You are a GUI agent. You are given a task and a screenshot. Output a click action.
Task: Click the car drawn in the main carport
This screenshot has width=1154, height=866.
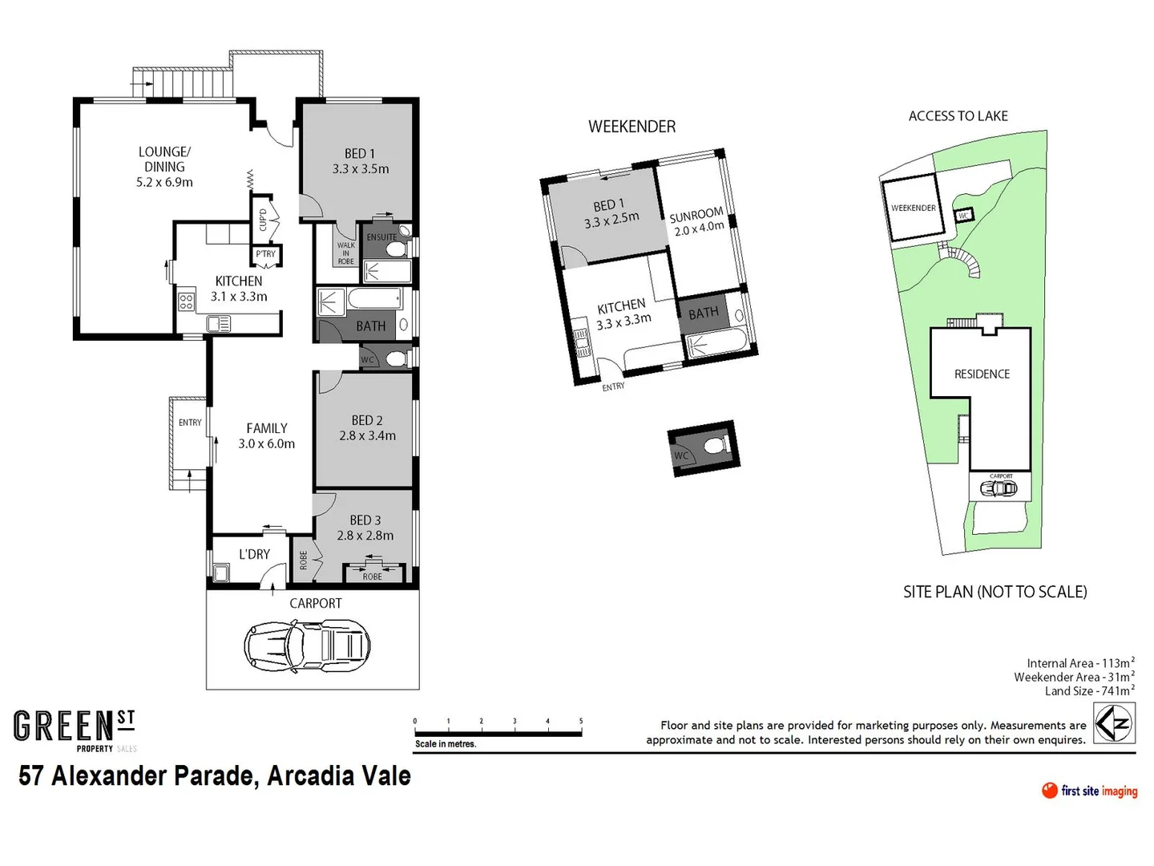pos(307,645)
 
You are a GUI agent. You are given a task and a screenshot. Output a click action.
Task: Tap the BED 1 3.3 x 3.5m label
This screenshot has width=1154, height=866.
pos(360,161)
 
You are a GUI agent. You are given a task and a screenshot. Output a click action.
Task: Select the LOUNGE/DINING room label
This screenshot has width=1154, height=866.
pos(164,167)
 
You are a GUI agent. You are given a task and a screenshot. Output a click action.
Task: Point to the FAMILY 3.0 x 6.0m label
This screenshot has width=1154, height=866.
pos(266,436)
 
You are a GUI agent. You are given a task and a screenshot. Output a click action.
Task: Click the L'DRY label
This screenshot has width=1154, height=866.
pos(254,554)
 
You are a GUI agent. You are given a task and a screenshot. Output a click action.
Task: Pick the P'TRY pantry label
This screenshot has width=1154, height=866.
pos(265,254)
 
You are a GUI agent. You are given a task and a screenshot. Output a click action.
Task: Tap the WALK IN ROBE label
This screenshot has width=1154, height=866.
pos(345,253)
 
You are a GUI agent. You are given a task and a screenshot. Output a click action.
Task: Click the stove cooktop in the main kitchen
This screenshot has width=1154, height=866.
pos(186,301)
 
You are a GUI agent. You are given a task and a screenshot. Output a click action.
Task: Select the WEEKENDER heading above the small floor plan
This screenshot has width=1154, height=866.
pos(631,127)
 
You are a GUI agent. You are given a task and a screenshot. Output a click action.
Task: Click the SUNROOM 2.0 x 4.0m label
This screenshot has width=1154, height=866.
pos(696,222)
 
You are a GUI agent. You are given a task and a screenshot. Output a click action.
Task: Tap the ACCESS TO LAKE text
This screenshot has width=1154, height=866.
pos(958,116)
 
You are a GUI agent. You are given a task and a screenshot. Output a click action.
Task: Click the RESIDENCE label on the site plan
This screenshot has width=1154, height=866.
pos(982,374)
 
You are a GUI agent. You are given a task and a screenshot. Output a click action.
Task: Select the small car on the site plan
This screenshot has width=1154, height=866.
pos(999,488)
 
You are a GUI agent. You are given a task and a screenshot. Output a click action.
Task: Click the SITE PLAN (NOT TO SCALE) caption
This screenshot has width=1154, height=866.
pos(995,592)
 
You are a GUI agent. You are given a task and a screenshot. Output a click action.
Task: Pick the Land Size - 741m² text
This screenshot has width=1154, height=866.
pos(1089,691)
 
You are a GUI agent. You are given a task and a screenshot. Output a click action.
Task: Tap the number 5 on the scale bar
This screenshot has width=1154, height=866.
pos(581,722)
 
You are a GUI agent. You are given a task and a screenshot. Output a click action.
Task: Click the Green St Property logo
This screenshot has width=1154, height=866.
pos(75,730)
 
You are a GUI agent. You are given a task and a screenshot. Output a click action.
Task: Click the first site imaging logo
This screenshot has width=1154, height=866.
pos(1089,791)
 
